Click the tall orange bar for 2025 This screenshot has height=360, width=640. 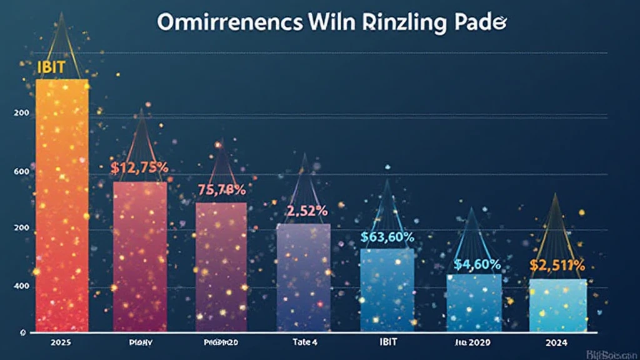click(62, 206)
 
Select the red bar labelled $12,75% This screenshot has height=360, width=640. click(139, 256)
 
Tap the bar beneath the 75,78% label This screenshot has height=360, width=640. click(221, 266)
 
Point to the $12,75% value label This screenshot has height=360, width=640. click(140, 167)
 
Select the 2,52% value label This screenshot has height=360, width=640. click(303, 211)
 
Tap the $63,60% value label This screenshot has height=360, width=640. click(387, 238)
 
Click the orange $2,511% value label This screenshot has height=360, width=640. click(557, 265)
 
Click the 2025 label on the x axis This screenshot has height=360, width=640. click(61, 343)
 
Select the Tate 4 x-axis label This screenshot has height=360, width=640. click(304, 343)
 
